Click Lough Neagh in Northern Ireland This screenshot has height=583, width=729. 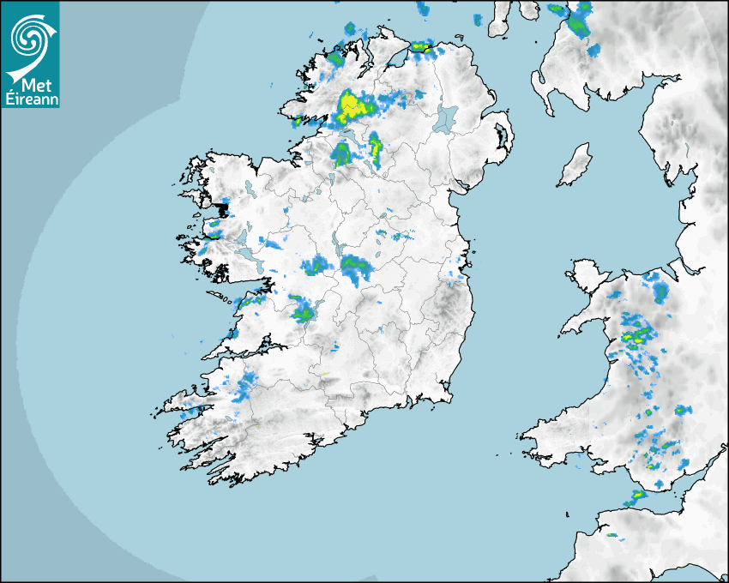tap(446, 117)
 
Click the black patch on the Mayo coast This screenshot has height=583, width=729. tap(224, 208)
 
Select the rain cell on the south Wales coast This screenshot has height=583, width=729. tap(637, 496)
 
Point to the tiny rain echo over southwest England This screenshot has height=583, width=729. tap(612, 535)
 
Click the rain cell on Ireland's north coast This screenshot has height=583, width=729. tap(420, 46)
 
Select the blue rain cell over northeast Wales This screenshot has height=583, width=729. tap(660, 291)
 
